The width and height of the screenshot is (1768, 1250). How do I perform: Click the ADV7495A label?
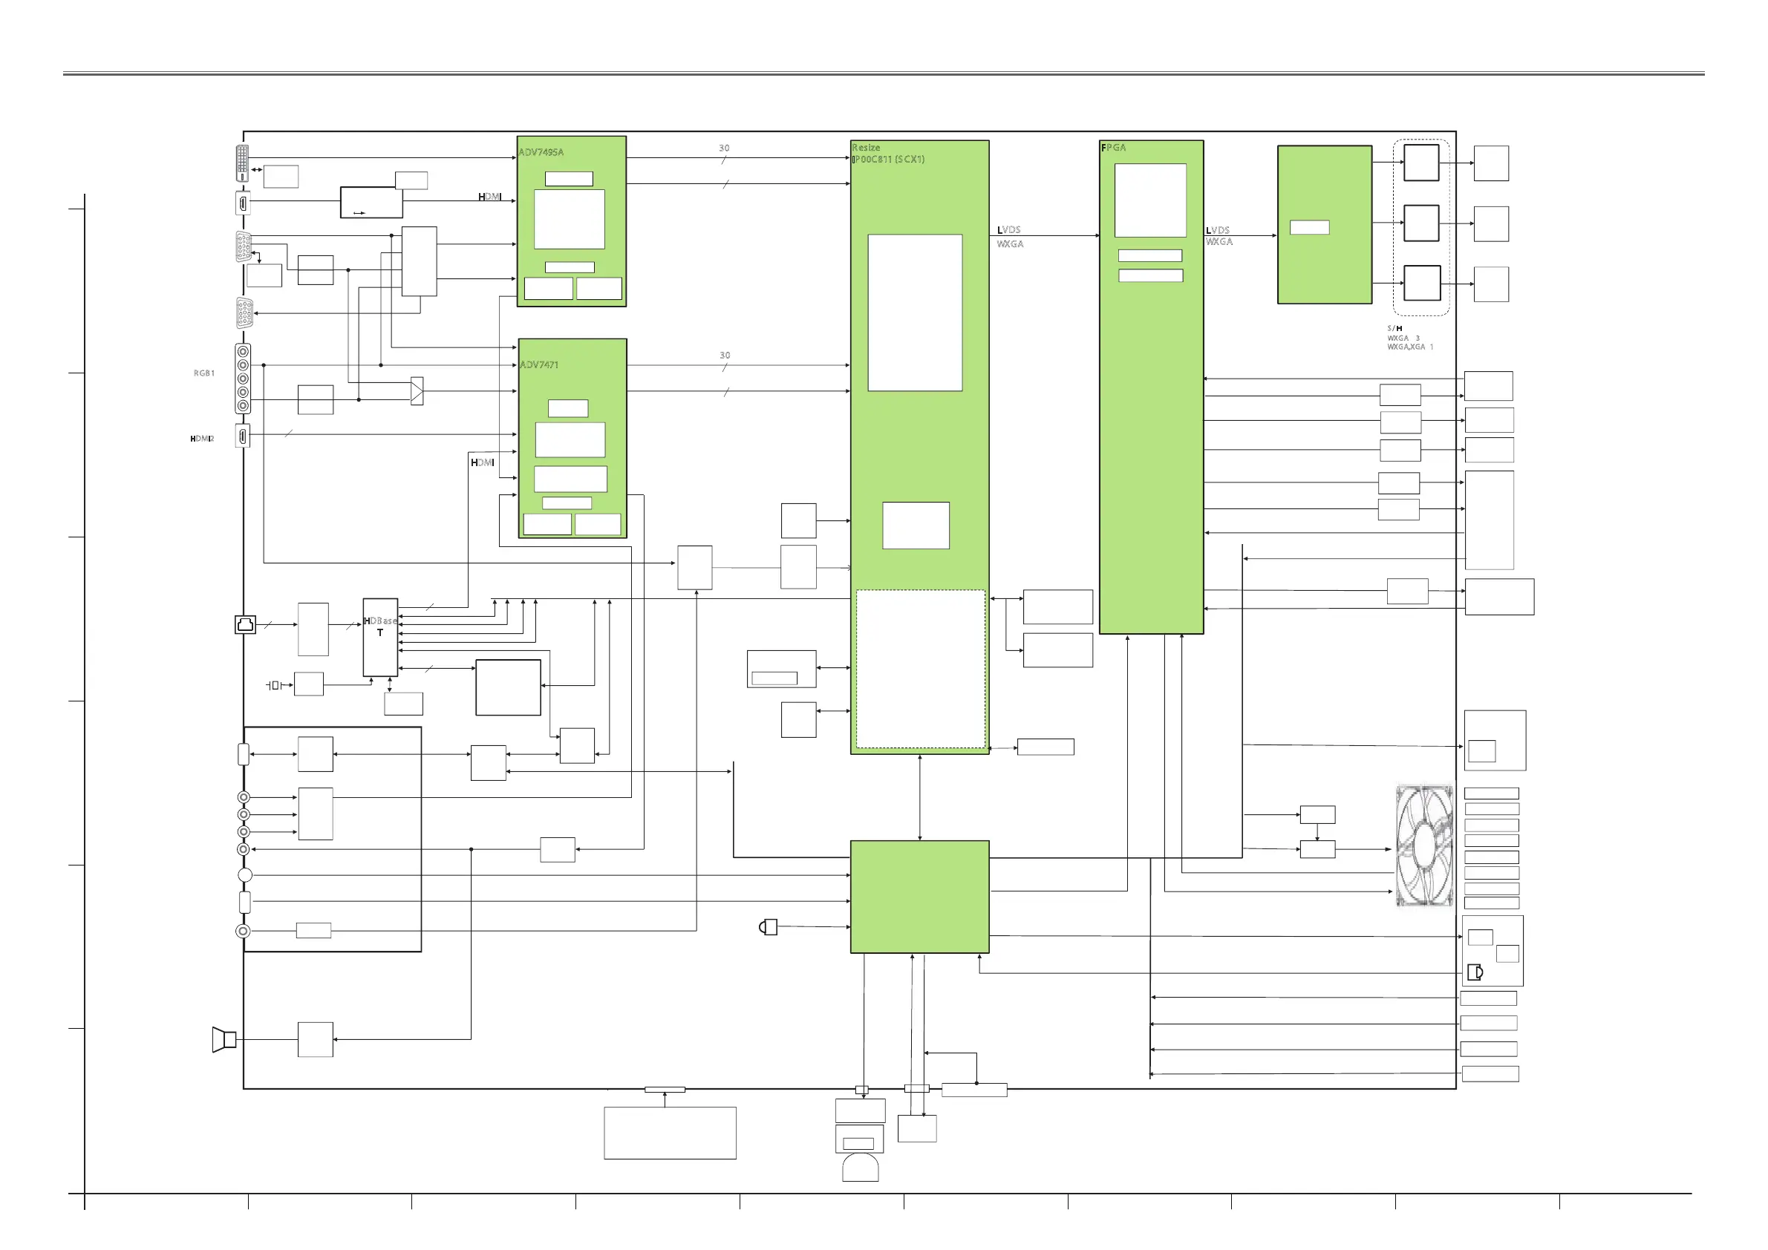[x=541, y=152]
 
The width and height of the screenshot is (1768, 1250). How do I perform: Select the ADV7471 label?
[x=539, y=365]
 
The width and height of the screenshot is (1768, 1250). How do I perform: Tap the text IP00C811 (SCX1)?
[x=889, y=160]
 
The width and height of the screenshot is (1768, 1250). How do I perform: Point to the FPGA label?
[x=1114, y=148]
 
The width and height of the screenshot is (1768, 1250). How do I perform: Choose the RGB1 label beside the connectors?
[x=204, y=373]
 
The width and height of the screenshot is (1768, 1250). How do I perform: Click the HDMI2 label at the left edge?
[x=202, y=439]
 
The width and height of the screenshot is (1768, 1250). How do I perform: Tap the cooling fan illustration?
[x=1424, y=846]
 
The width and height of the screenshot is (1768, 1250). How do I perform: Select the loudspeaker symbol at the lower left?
[x=224, y=1040]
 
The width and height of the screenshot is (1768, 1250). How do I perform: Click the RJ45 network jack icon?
[x=246, y=624]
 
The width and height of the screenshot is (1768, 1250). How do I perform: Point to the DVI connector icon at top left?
[x=243, y=163]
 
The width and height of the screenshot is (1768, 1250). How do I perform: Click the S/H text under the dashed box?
[x=1394, y=329]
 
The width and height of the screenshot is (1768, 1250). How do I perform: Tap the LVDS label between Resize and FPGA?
[x=1008, y=230]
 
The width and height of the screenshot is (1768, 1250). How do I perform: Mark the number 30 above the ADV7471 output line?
[x=725, y=356]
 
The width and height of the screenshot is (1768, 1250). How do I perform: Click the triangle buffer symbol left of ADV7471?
[x=417, y=392]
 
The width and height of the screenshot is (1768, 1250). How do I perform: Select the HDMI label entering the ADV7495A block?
[x=490, y=197]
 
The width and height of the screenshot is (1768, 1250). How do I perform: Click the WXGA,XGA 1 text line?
[x=1410, y=347]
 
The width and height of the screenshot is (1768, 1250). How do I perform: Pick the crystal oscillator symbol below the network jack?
[x=275, y=685]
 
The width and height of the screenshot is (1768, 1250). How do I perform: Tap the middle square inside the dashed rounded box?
[x=1421, y=223]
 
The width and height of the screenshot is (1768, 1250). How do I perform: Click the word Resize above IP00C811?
[x=866, y=148]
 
